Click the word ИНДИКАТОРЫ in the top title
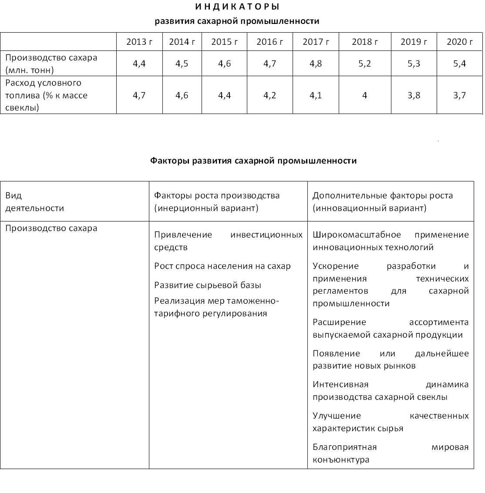pos(236,7)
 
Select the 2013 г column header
pos(139,42)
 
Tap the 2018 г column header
pos(364,42)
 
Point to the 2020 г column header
pos(459,42)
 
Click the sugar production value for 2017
pos(316,64)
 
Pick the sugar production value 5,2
pos(364,64)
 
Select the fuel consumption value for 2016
pos(269,95)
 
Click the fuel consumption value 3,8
pos(414,95)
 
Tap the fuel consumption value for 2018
pos(364,95)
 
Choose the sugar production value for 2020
pos(459,64)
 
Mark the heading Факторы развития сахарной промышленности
pos(253,161)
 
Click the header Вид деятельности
pos(34,202)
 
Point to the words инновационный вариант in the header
pos(369,208)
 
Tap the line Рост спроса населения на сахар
pos(222,266)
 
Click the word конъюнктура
pos(341,460)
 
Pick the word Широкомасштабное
pos(357,235)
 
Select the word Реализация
pos(176,301)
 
